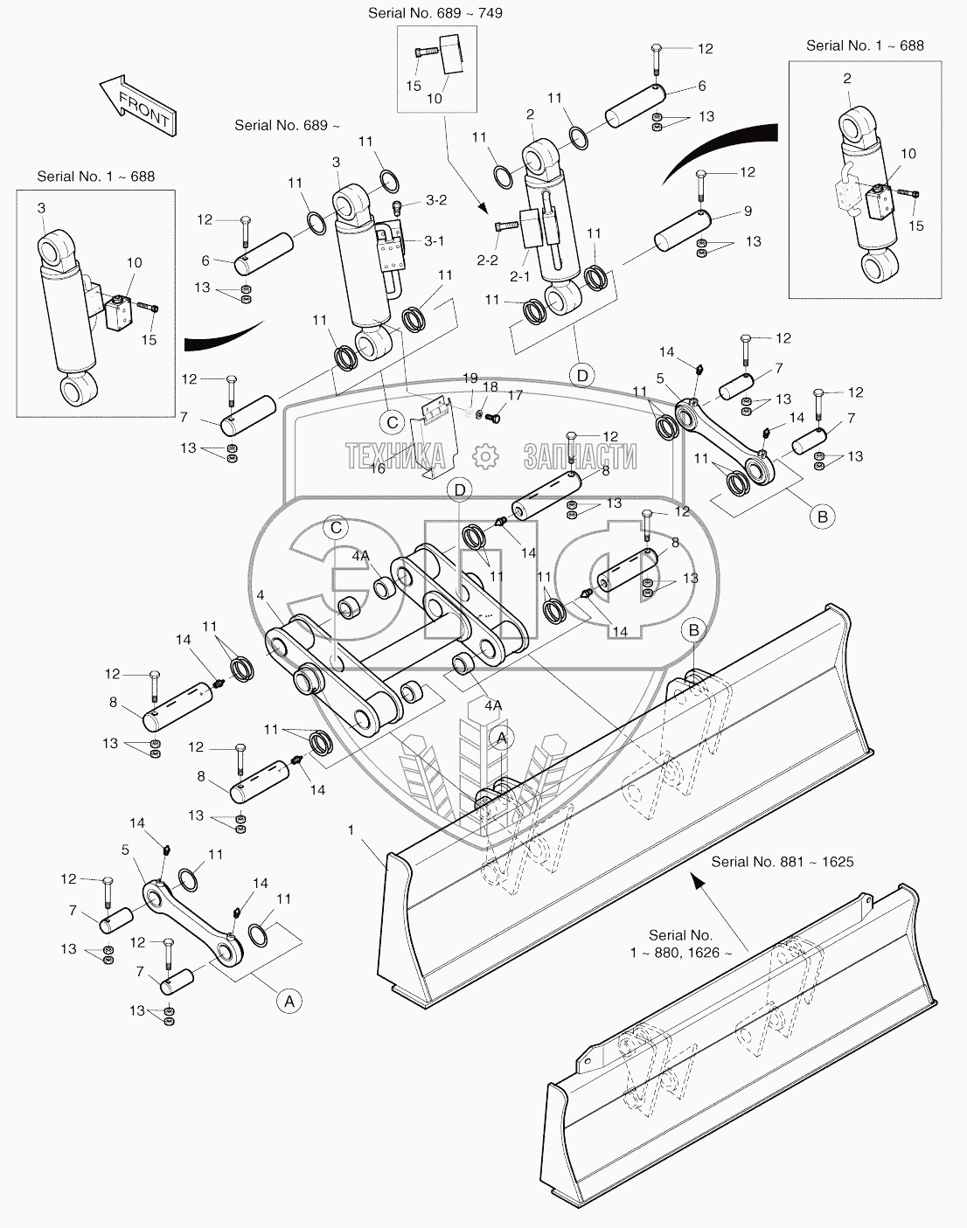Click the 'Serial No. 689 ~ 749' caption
pos(435,13)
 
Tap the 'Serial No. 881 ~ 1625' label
pos(782,861)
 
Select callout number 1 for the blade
pos(351,829)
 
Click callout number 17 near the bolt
pos(515,396)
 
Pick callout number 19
pos(470,378)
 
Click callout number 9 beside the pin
pos(748,211)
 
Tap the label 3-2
pos(436,200)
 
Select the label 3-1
pos(435,240)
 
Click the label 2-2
pos(486,260)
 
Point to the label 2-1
pos(520,277)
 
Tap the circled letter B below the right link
pos(822,517)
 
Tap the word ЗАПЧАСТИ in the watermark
pos(580,456)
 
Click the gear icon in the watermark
pos(484,455)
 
